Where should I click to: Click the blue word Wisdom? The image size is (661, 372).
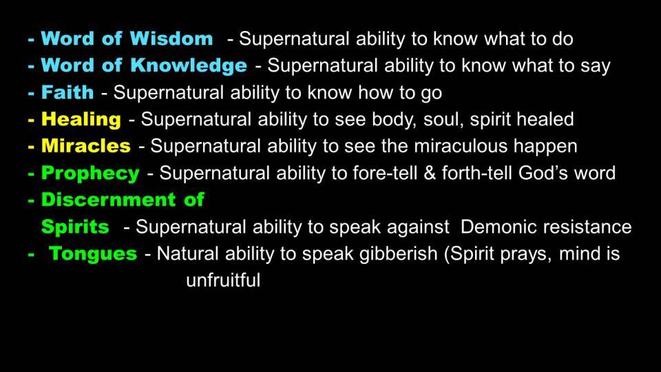171,39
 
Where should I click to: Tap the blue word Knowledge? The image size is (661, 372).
189,66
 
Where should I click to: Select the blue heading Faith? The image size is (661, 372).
67,92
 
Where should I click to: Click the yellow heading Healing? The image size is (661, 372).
81,120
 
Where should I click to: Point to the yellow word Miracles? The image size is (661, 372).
86,146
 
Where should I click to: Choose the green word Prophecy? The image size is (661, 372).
90,174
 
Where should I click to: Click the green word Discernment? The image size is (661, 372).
108,200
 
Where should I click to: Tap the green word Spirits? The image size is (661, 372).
75,227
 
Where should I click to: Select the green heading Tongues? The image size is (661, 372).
93,254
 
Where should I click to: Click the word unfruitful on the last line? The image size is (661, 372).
223,280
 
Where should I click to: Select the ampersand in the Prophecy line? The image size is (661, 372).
430,173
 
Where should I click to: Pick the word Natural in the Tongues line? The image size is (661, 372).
187,254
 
